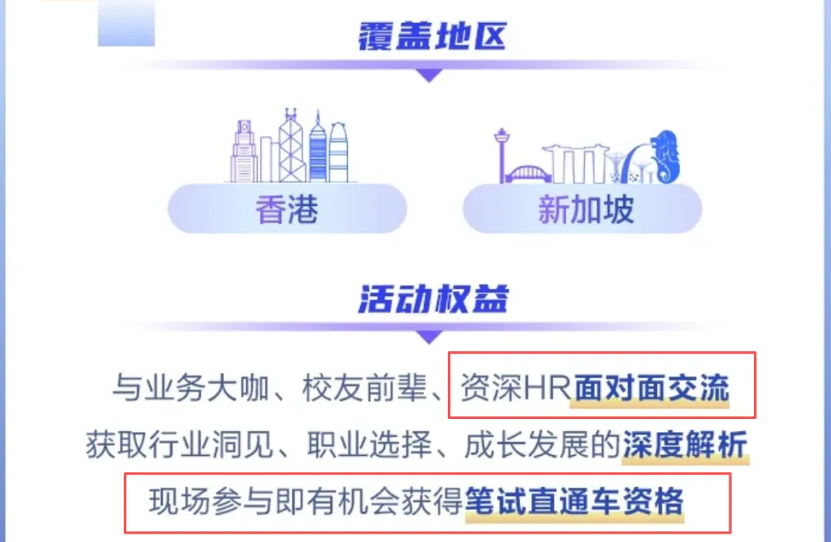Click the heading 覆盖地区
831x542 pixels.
pos(432,36)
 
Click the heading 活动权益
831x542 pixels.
pos(433,298)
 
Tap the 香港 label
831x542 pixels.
pos(287,210)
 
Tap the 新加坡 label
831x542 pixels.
pos(586,210)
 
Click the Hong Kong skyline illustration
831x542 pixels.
pos(291,146)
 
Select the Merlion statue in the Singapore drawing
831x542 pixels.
pos(665,157)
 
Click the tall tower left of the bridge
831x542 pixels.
pos(501,155)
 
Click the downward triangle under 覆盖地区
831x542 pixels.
pos(429,75)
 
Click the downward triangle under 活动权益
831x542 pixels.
pos(429,337)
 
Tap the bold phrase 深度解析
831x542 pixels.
pos(685,444)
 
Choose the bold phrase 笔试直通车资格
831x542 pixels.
pos(575,500)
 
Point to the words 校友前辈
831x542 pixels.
pos(364,388)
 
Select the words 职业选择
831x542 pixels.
pos(369,444)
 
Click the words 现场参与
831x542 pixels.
pos(212,500)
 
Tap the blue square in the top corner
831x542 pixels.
pos(126,23)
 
